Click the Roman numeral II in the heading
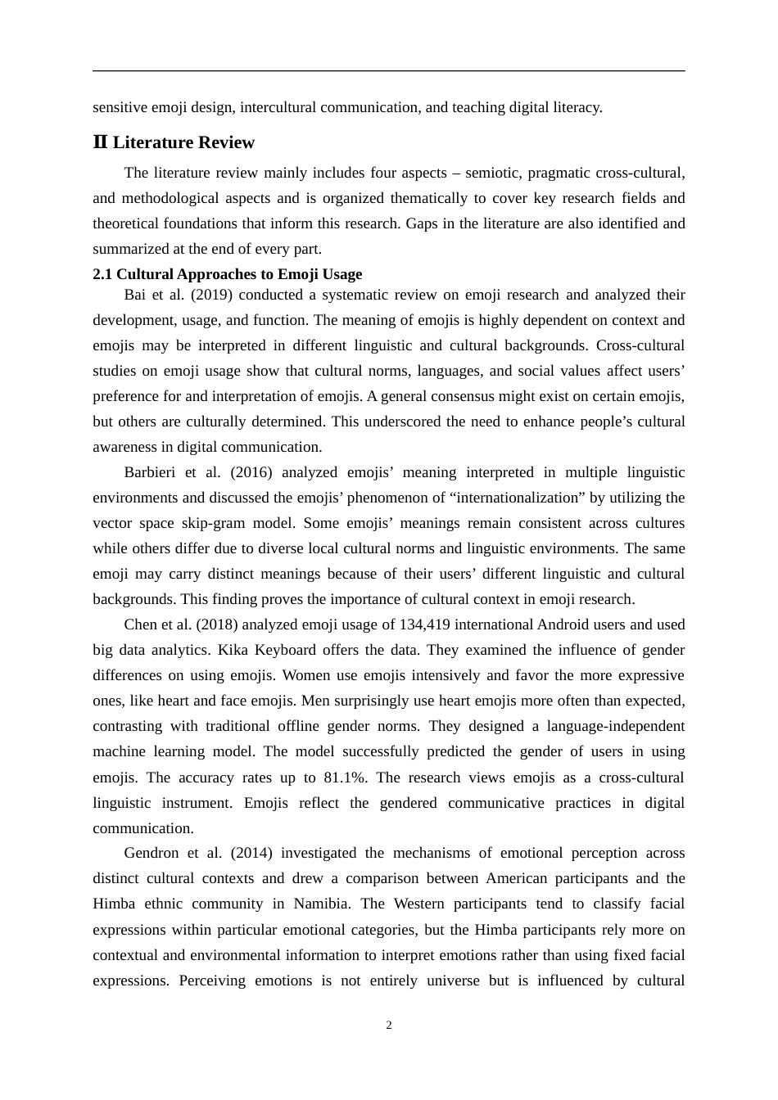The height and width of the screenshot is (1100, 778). point(100,142)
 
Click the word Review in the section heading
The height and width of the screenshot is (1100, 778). point(228,142)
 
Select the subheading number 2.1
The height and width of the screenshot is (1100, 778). point(102,274)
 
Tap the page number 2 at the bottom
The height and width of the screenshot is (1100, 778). point(389,1026)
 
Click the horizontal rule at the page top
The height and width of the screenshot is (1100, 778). point(389,71)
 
